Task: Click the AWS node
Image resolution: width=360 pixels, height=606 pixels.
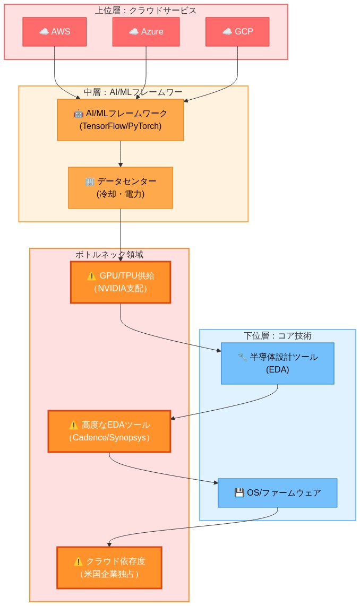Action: pyautogui.click(x=54, y=32)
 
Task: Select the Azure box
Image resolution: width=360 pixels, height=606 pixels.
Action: pyautogui.click(x=145, y=32)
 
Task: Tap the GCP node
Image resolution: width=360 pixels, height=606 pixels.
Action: pyautogui.click(x=237, y=32)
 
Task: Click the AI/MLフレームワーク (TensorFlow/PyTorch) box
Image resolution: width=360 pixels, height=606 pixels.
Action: pyautogui.click(x=121, y=120)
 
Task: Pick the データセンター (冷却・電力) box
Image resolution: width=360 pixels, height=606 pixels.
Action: pyautogui.click(x=121, y=188)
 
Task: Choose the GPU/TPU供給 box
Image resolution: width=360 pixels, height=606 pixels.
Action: pyautogui.click(x=121, y=282)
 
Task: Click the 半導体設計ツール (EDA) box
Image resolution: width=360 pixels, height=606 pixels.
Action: pyautogui.click(x=277, y=363)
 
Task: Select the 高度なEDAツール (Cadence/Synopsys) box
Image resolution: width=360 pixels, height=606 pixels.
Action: pyautogui.click(x=109, y=431)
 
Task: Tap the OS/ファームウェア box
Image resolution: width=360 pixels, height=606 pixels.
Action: pyautogui.click(x=277, y=493)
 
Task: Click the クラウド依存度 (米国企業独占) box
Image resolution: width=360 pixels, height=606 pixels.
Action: pyautogui.click(x=109, y=568)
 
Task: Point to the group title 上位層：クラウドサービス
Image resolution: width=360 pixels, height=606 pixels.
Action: pyautogui.click(x=145, y=11)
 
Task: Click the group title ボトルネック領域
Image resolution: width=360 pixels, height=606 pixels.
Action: pyautogui.click(x=109, y=255)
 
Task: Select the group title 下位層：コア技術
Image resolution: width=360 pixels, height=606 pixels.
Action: pyautogui.click(x=277, y=336)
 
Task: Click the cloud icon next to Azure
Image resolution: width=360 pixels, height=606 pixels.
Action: pyautogui.click(x=133, y=32)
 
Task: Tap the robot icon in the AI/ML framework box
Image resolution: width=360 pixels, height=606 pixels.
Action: pyautogui.click(x=79, y=114)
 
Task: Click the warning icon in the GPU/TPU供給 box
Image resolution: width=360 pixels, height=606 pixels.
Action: pyautogui.click(x=91, y=276)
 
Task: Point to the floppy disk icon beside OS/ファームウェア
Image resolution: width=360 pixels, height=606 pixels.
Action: pyautogui.click(x=239, y=493)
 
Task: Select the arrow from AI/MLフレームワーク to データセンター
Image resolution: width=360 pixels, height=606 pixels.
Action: pyautogui.click(x=121, y=154)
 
